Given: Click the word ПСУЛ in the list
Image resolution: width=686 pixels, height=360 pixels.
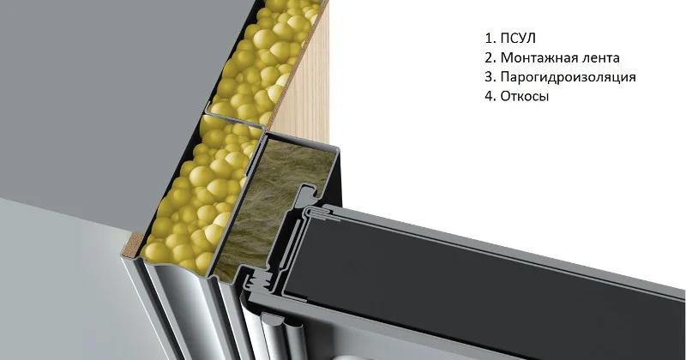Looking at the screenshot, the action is point(518,38).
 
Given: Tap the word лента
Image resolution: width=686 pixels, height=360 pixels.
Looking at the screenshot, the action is point(598,57).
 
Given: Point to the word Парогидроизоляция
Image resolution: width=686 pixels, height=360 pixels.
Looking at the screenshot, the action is point(568,77).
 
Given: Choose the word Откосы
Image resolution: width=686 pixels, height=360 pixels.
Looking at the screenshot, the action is point(524,96).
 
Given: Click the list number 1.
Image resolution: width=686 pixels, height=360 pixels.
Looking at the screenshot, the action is point(490,38).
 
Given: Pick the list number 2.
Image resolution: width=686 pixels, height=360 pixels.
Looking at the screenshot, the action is point(490,57).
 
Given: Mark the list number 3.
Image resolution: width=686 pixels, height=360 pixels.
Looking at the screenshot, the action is point(490,76).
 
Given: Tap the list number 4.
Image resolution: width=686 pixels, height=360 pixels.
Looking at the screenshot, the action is point(490,96).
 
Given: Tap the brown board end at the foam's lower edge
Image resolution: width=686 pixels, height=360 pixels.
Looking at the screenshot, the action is point(133,244).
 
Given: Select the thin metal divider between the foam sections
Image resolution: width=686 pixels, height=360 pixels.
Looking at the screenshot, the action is point(234,119).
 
